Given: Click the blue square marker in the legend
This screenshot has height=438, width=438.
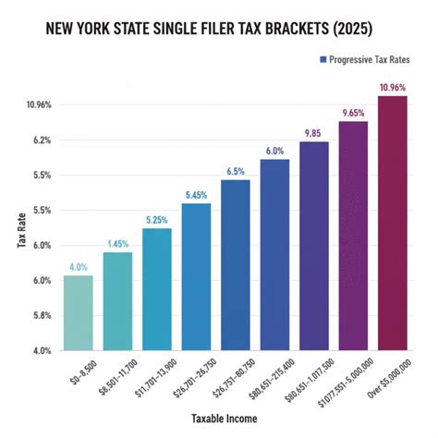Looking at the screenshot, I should tap(322, 59).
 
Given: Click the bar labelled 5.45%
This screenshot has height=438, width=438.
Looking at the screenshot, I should tap(196, 276).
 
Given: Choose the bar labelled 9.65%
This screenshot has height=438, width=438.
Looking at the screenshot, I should tap(353, 236).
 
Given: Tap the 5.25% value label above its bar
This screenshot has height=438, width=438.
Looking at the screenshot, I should tap(156, 220).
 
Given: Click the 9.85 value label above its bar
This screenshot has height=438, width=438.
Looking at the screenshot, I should tap(313, 134).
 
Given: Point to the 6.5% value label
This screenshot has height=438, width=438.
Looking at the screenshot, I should tap(235, 172).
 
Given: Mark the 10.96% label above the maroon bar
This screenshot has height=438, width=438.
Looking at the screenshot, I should tap(392, 88).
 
